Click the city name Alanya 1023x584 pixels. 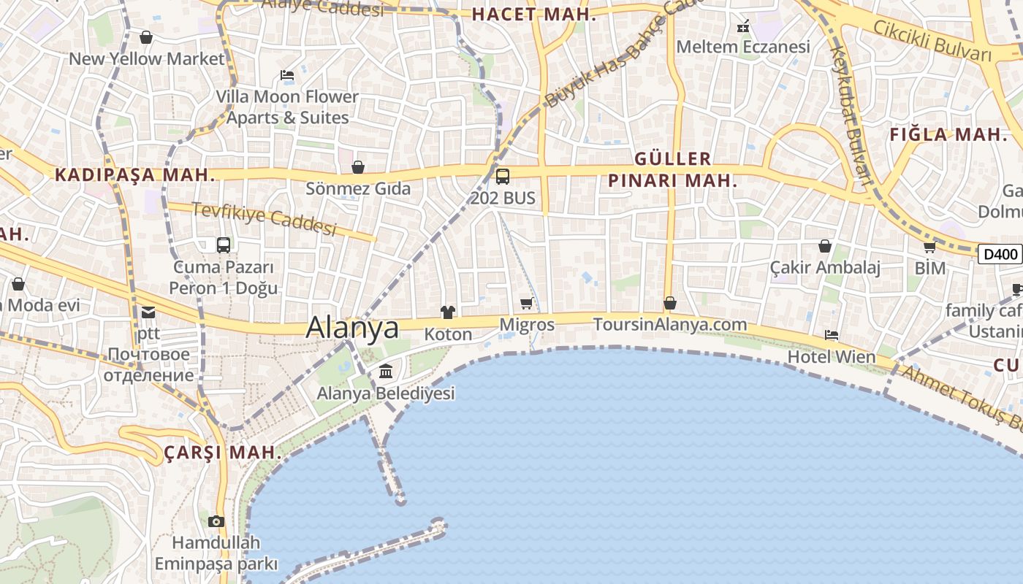click(x=352, y=327)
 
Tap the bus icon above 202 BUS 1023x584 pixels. click(x=503, y=176)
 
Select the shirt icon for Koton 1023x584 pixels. click(x=448, y=312)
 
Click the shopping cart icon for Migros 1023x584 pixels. click(x=527, y=303)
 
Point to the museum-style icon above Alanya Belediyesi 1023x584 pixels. click(x=386, y=372)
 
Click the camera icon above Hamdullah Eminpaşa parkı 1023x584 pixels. click(x=216, y=521)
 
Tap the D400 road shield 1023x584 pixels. click(x=1000, y=254)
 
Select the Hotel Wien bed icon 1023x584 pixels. click(x=831, y=335)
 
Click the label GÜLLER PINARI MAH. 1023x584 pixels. click(x=673, y=169)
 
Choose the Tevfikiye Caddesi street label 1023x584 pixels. click(x=264, y=218)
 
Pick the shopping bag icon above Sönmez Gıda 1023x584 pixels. click(x=358, y=168)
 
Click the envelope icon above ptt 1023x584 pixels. click(x=148, y=312)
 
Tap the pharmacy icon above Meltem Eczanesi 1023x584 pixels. click(x=743, y=27)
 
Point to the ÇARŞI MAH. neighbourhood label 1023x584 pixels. click(x=222, y=453)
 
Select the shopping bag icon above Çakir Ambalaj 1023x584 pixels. click(x=825, y=246)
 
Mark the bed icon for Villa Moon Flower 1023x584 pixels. click(x=287, y=75)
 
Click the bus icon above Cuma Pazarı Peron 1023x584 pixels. click(x=224, y=245)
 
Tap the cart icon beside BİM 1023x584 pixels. click(x=929, y=247)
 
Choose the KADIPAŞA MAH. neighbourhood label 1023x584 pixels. click(x=135, y=175)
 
